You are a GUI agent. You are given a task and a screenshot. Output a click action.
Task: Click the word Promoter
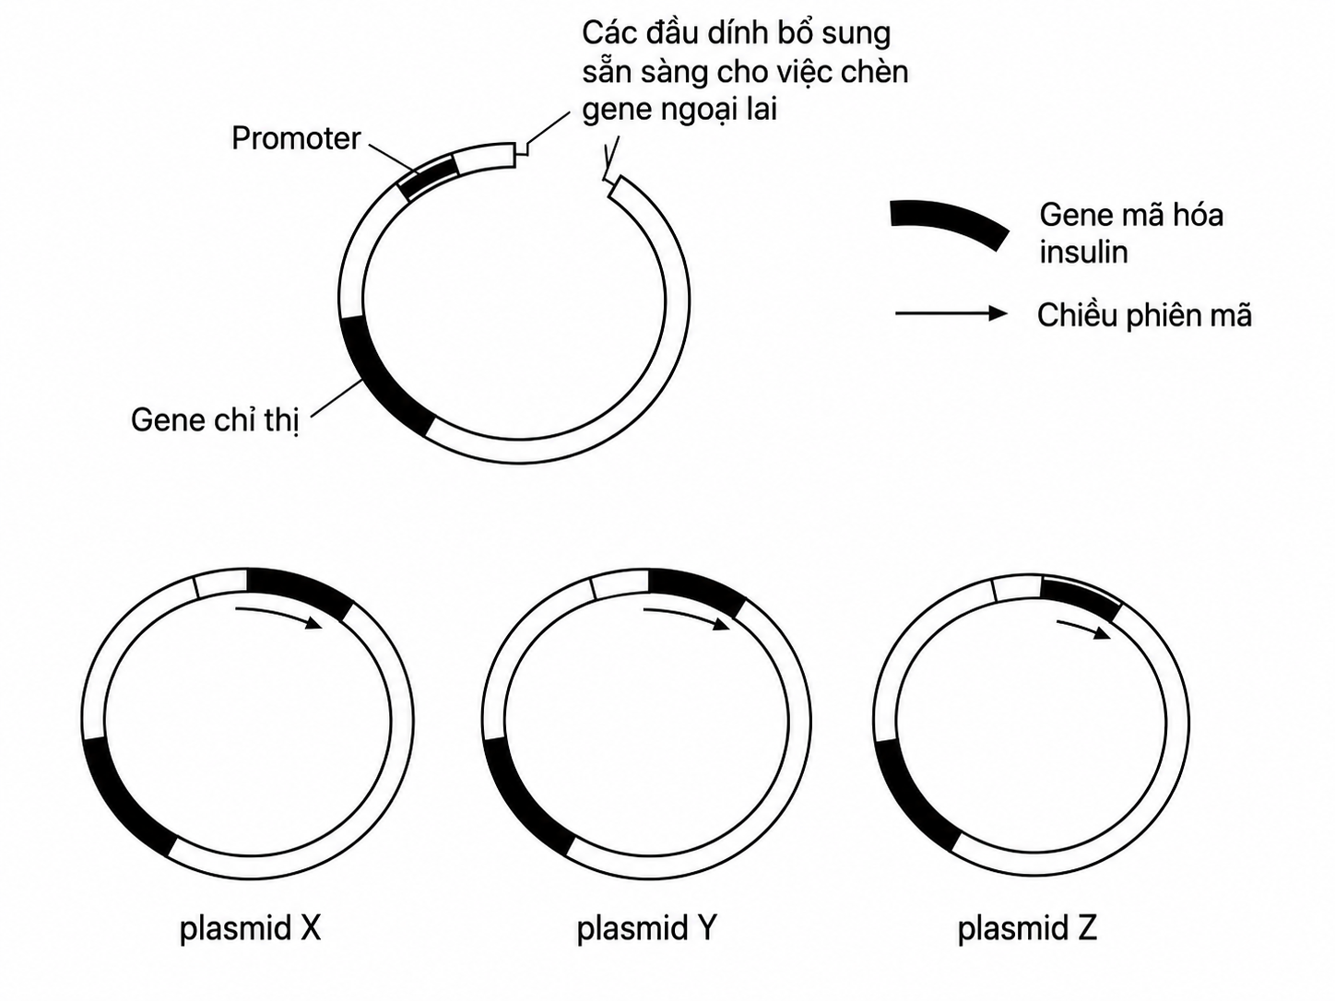[296, 138]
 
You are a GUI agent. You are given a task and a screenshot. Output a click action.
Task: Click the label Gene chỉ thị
[216, 420]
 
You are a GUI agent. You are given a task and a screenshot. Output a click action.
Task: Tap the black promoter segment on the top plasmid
[429, 177]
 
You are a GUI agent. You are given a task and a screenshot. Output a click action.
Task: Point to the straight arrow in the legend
[951, 313]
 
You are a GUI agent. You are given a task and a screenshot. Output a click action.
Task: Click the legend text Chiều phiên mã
[1144, 315]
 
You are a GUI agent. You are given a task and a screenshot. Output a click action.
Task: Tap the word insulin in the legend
[1083, 252]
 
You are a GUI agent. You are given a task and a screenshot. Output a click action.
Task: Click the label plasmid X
[250, 928]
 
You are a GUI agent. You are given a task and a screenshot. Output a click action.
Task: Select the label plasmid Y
[646, 928]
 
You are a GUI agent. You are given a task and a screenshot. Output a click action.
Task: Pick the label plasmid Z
[1027, 928]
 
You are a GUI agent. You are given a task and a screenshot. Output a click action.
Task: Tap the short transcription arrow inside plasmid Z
[1084, 627]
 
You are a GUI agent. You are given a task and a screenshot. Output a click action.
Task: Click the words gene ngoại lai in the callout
[679, 111]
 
